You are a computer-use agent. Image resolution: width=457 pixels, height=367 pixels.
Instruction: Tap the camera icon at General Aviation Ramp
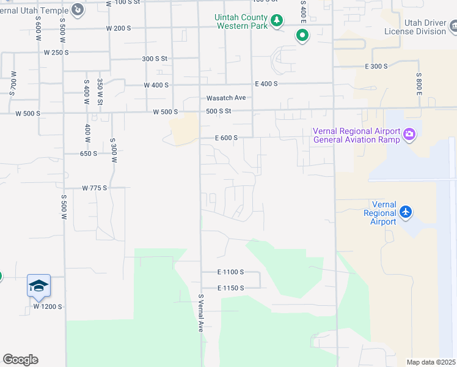click(x=409, y=134)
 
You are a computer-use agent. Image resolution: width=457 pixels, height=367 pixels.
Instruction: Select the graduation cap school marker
click(x=38, y=286)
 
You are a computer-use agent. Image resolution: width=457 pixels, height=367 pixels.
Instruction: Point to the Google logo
click(x=20, y=360)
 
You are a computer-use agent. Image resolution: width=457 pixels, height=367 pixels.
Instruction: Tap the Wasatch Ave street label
click(x=225, y=98)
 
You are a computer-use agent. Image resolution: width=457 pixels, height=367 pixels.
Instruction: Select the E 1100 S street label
click(x=230, y=272)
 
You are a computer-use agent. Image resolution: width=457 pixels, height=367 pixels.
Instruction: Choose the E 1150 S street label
click(x=230, y=288)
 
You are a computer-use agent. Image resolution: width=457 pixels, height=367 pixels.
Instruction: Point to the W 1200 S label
click(x=48, y=306)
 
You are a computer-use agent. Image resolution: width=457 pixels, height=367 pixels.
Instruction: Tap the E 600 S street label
click(x=226, y=138)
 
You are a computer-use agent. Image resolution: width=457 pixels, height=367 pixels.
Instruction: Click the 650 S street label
click(x=89, y=154)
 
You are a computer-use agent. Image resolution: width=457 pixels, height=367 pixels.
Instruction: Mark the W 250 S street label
click(x=57, y=53)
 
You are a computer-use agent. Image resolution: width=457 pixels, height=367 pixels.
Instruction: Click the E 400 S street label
click(x=266, y=84)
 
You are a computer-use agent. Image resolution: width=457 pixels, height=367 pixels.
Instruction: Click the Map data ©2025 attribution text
click(x=431, y=362)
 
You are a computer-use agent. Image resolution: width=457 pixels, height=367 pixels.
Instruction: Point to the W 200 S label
click(x=119, y=28)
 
